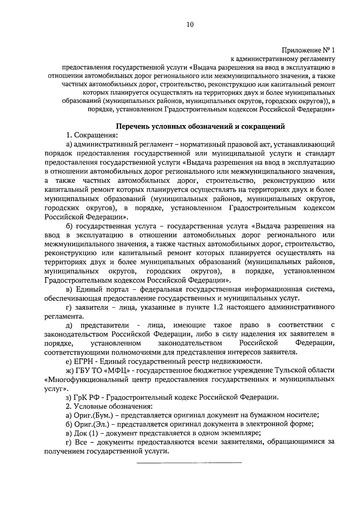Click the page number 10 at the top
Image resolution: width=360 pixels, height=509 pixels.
pyautogui.click(x=190, y=25)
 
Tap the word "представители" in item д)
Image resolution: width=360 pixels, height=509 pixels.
pyautogui.click(x=105, y=325)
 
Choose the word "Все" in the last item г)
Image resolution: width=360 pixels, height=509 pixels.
pyautogui.click(x=81, y=442)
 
